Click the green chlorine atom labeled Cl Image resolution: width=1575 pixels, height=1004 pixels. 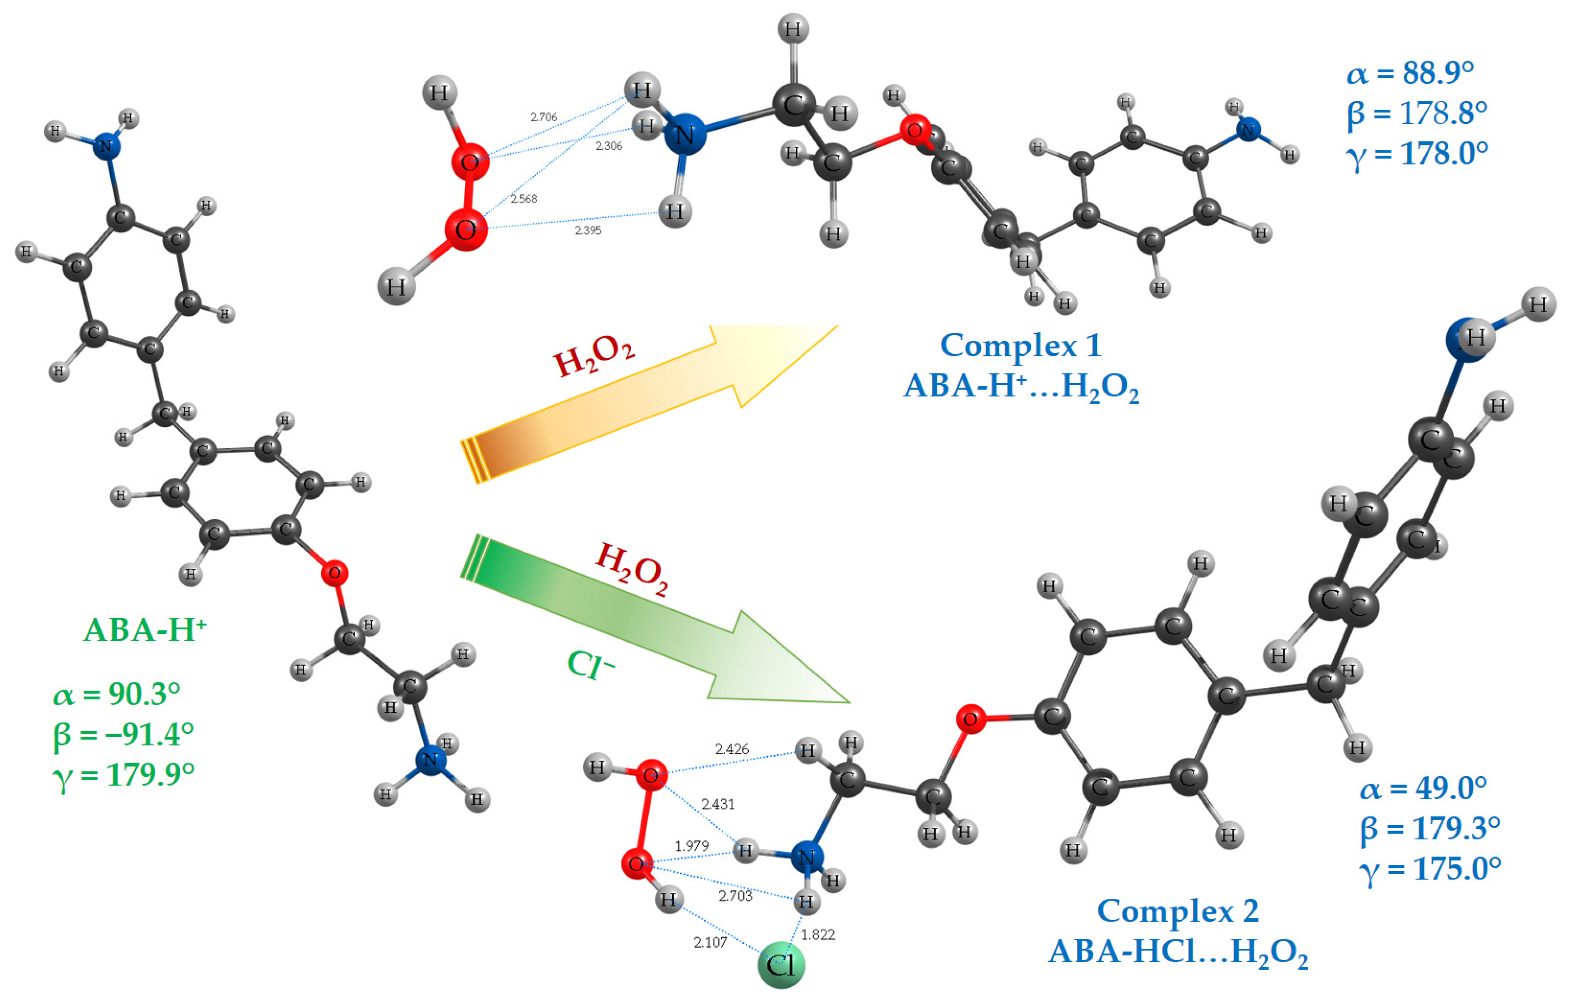click(781, 965)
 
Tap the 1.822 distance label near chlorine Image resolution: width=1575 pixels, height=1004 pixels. click(818, 935)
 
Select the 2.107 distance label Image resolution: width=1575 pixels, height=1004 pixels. click(710, 942)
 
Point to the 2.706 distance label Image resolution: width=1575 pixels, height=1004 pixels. click(544, 117)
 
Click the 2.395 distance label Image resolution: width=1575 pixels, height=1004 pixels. click(588, 230)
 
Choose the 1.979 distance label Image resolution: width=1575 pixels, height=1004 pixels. click(691, 846)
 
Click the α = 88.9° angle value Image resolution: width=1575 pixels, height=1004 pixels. click(1410, 73)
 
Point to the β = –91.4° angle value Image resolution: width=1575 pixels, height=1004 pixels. click(123, 735)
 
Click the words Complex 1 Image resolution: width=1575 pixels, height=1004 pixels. click(1021, 345)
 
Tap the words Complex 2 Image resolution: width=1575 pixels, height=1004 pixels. click(1177, 910)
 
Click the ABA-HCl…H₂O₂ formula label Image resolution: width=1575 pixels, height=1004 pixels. click(1177, 952)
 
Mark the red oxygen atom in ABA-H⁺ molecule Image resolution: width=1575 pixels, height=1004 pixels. click(334, 574)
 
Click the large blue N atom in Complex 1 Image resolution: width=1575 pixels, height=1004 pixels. click(684, 135)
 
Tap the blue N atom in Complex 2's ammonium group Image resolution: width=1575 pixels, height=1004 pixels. click(806, 858)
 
